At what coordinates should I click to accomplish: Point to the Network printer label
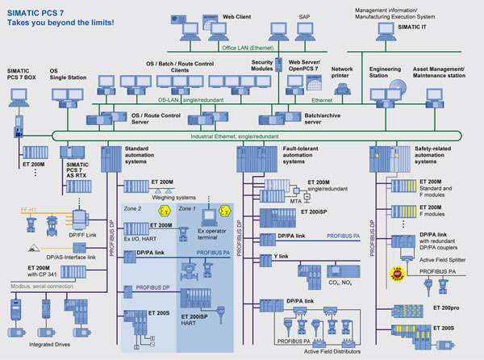(343, 73)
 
